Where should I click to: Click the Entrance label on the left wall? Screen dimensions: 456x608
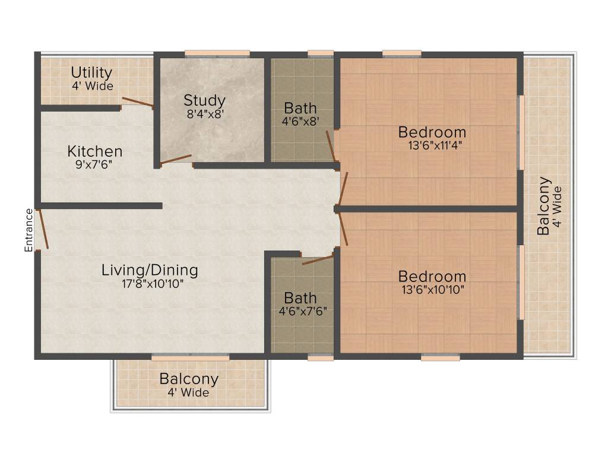click(28, 230)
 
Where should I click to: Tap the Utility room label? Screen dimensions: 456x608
click(91, 72)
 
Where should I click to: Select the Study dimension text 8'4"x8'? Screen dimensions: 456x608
click(204, 114)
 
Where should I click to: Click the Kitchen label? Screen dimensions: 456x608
click(94, 151)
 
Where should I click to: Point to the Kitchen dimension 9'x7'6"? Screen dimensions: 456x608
click(94, 164)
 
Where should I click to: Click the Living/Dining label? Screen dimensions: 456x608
click(150, 270)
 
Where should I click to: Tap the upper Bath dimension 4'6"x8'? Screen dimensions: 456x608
click(300, 122)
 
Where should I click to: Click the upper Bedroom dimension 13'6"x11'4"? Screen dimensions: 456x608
click(432, 145)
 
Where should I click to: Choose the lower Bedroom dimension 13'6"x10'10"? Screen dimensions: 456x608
click(432, 290)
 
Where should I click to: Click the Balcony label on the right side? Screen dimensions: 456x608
click(543, 206)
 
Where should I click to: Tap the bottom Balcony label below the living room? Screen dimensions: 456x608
click(189, 379)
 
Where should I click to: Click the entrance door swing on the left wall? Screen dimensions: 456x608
click(42, 228)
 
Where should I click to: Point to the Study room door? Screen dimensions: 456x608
click(176, 159)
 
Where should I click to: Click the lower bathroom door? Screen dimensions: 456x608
click(318, 259)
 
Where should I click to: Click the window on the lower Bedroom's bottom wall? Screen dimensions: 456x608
click(441, 358)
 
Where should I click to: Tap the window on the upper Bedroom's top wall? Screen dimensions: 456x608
click(402, 53)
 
